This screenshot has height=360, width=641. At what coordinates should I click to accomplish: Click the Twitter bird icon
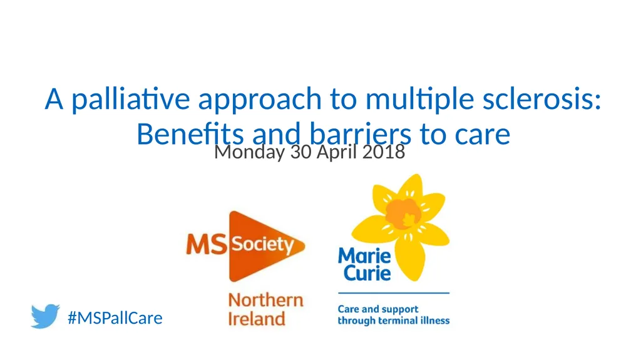click(44, 316)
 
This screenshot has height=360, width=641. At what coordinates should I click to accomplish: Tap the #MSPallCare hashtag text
click(115, 318)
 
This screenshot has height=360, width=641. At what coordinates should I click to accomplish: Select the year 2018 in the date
click(384, 152)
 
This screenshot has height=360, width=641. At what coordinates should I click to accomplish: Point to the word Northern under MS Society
click(265, 299)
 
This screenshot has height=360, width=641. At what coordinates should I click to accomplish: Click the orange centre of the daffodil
click(402, 213)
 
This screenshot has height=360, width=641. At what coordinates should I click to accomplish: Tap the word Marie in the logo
click(364, 256)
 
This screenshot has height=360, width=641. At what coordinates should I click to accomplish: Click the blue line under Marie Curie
click(394, 293)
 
